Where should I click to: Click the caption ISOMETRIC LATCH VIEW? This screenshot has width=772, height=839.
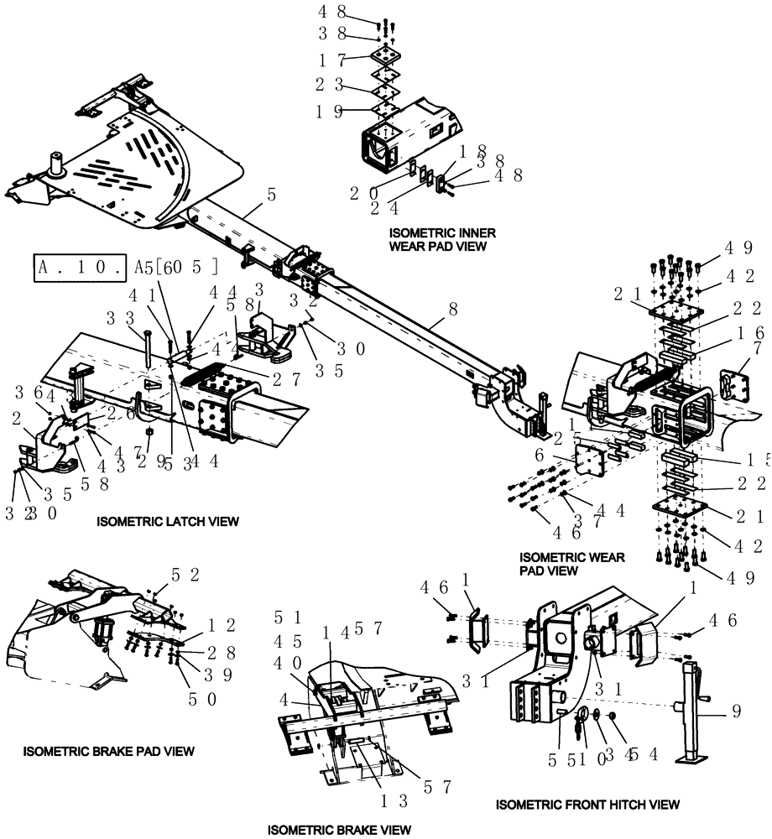[168, 521]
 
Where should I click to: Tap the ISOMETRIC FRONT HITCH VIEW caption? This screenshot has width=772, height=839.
[587, 805]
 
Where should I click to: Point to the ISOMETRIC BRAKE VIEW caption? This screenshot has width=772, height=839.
[339, 830]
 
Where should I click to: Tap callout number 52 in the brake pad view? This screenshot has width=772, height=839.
[185, 574]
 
